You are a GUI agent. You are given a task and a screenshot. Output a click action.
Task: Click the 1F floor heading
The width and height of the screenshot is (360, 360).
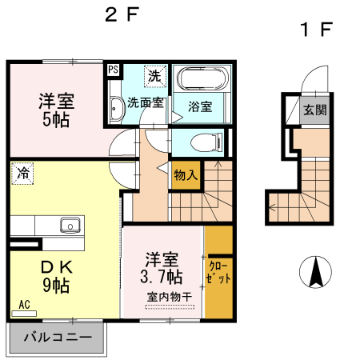[x=315, y=30]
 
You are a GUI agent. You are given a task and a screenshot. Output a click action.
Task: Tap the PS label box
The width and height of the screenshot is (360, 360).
[x=113, y=70]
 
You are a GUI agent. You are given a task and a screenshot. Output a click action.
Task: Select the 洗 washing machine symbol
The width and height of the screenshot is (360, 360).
[x=153, y=76]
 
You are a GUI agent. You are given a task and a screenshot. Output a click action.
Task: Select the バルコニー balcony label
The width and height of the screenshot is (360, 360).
[x=57, y=337]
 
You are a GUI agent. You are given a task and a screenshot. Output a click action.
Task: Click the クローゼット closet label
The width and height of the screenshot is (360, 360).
[x=218, y=274]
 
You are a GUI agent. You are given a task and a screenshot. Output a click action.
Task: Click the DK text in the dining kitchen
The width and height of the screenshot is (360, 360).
[x=56, y=266]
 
